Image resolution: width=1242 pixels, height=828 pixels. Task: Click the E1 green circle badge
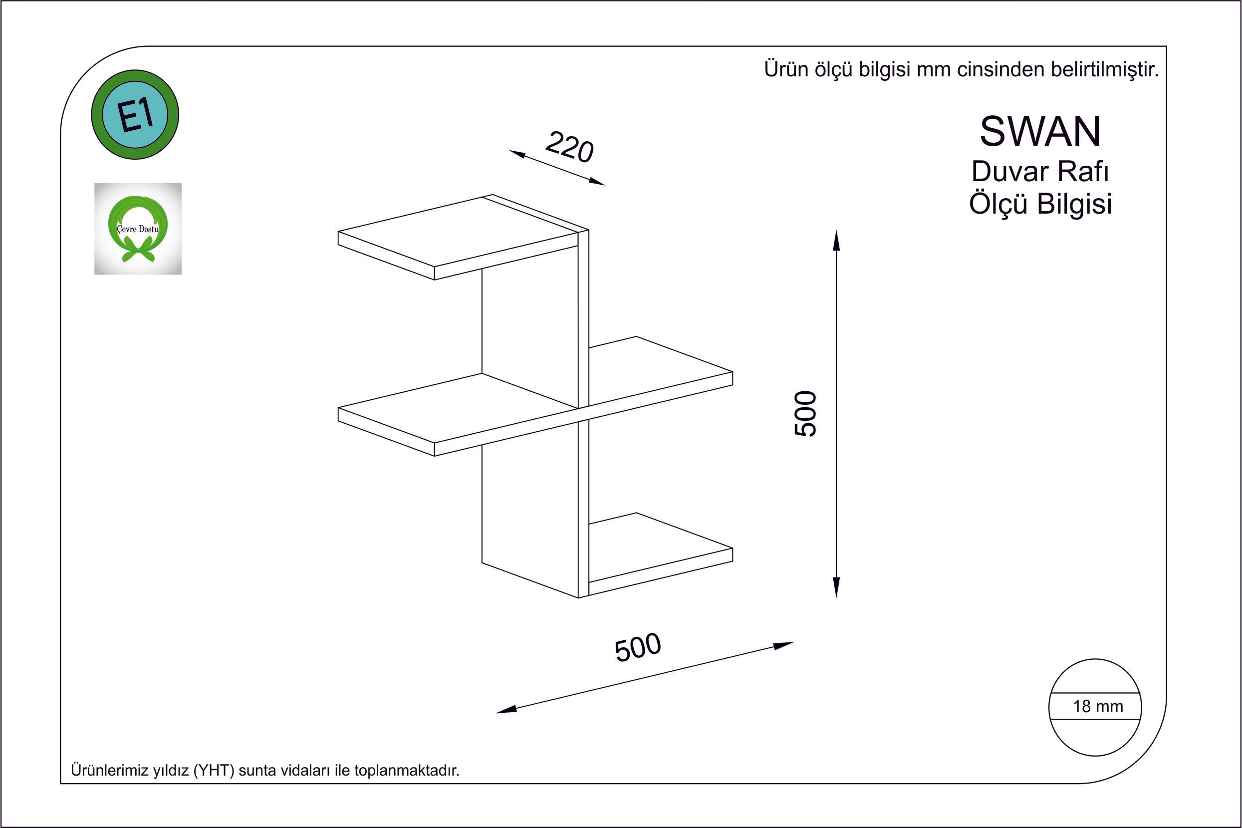point(135,115)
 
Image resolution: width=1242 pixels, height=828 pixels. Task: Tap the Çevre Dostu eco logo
point(138,229)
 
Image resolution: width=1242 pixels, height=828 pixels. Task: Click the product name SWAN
point(1040,131)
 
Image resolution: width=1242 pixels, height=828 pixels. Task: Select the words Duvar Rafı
point(1040,172)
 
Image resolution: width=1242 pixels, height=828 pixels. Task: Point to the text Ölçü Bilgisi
point(1040,204)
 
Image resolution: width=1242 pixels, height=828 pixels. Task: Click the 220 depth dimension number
point(569,147)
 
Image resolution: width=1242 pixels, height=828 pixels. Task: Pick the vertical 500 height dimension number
point(805,413)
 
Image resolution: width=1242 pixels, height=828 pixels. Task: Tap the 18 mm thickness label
point(1098,707)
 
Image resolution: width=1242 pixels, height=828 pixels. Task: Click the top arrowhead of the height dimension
point(836,240)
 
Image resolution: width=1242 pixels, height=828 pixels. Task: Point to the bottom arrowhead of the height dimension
point(836,586)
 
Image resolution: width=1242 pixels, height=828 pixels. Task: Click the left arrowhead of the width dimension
point(506,710)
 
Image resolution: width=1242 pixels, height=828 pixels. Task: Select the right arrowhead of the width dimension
point(783,645)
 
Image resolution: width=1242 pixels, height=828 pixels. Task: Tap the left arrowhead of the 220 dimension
point(517,154)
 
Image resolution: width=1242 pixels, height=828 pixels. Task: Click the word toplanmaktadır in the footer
point(407,771)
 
